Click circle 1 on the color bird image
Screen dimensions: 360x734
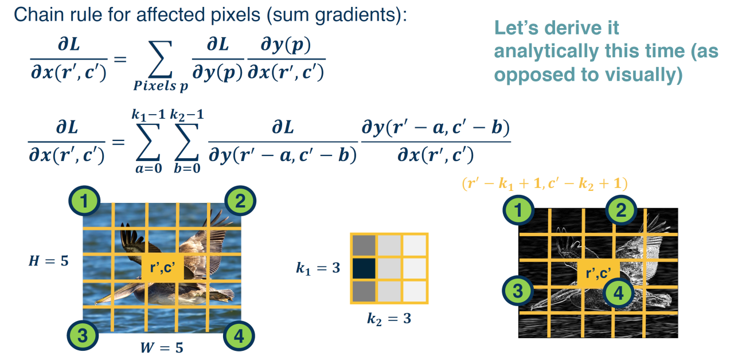tap(85, 201)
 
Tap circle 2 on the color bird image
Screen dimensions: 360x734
tap(240, 201)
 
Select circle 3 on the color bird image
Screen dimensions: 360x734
tap(83, 335)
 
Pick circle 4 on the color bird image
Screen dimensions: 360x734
tap(240, 335)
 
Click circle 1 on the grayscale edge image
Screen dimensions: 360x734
tap(519, 210)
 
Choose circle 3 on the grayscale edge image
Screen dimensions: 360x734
tap(519, 290)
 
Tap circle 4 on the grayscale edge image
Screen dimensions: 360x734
tap(617, 294)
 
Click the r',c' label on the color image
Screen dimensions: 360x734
tap(162, 267)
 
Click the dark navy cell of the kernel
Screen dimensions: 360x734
tap(363, 268)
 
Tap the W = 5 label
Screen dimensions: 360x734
tap(162, 347)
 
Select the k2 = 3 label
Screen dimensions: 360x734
tap(389, 318)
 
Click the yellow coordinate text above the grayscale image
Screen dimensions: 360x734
tap(544, 183)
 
